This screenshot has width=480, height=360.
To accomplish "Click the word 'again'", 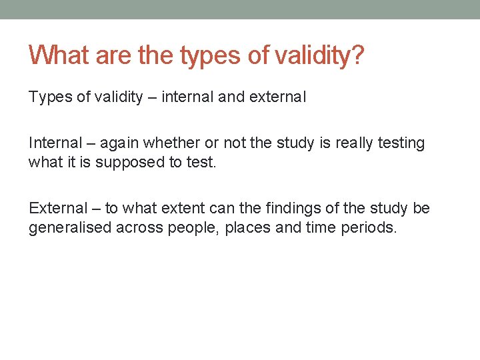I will pyautogui.click(x=122, y=143).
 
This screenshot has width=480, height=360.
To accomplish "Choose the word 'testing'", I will pyautogui.click(x=402, y=143).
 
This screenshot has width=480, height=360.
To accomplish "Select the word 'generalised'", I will pyautogui.click(x=70, y=227).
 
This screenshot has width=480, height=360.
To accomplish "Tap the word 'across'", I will pyautogui.click(x=138, y=227).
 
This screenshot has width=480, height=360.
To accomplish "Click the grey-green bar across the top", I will pyautogui.click(x=240, y=9).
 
